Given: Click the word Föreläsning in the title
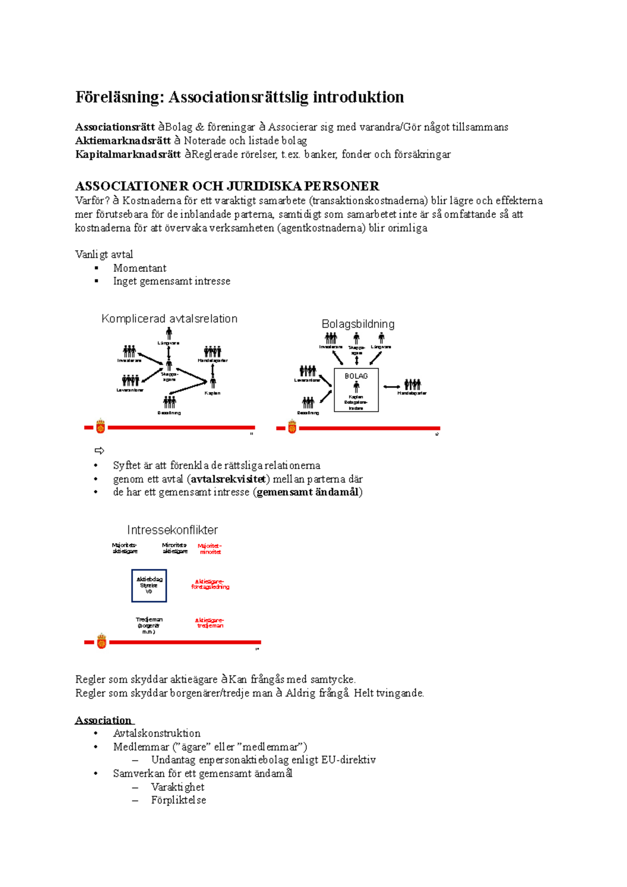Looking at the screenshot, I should pos(120,97).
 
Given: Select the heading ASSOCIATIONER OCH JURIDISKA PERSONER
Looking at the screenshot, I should pos(227,186).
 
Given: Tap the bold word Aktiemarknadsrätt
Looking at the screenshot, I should pos(123,141).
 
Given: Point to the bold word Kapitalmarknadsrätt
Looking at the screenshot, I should pos(128,154).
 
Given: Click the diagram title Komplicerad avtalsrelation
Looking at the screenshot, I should pos(169,319).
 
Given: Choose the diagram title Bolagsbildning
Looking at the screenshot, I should pos(358,324).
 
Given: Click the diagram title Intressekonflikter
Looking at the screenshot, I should pos(172,530).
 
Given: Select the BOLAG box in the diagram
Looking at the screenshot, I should pos(356,389).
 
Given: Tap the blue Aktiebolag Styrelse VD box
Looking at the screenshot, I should pos(149,586).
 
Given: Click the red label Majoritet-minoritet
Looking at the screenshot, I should pos(210,548).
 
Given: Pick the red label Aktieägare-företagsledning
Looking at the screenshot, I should pos(210,584).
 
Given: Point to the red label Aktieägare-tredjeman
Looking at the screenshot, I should pos(210,623).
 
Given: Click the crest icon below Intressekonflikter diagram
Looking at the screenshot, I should pos(101,641).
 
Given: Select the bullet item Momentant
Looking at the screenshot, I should pos(140,268).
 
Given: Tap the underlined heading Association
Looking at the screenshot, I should pos(103,720).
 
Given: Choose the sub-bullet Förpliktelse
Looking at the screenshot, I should pos(178,800).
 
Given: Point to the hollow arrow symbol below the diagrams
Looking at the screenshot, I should pos(99,450).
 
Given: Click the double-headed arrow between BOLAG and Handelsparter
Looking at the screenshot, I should pos(391,387).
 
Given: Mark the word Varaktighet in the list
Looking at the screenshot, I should pos(178,787).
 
